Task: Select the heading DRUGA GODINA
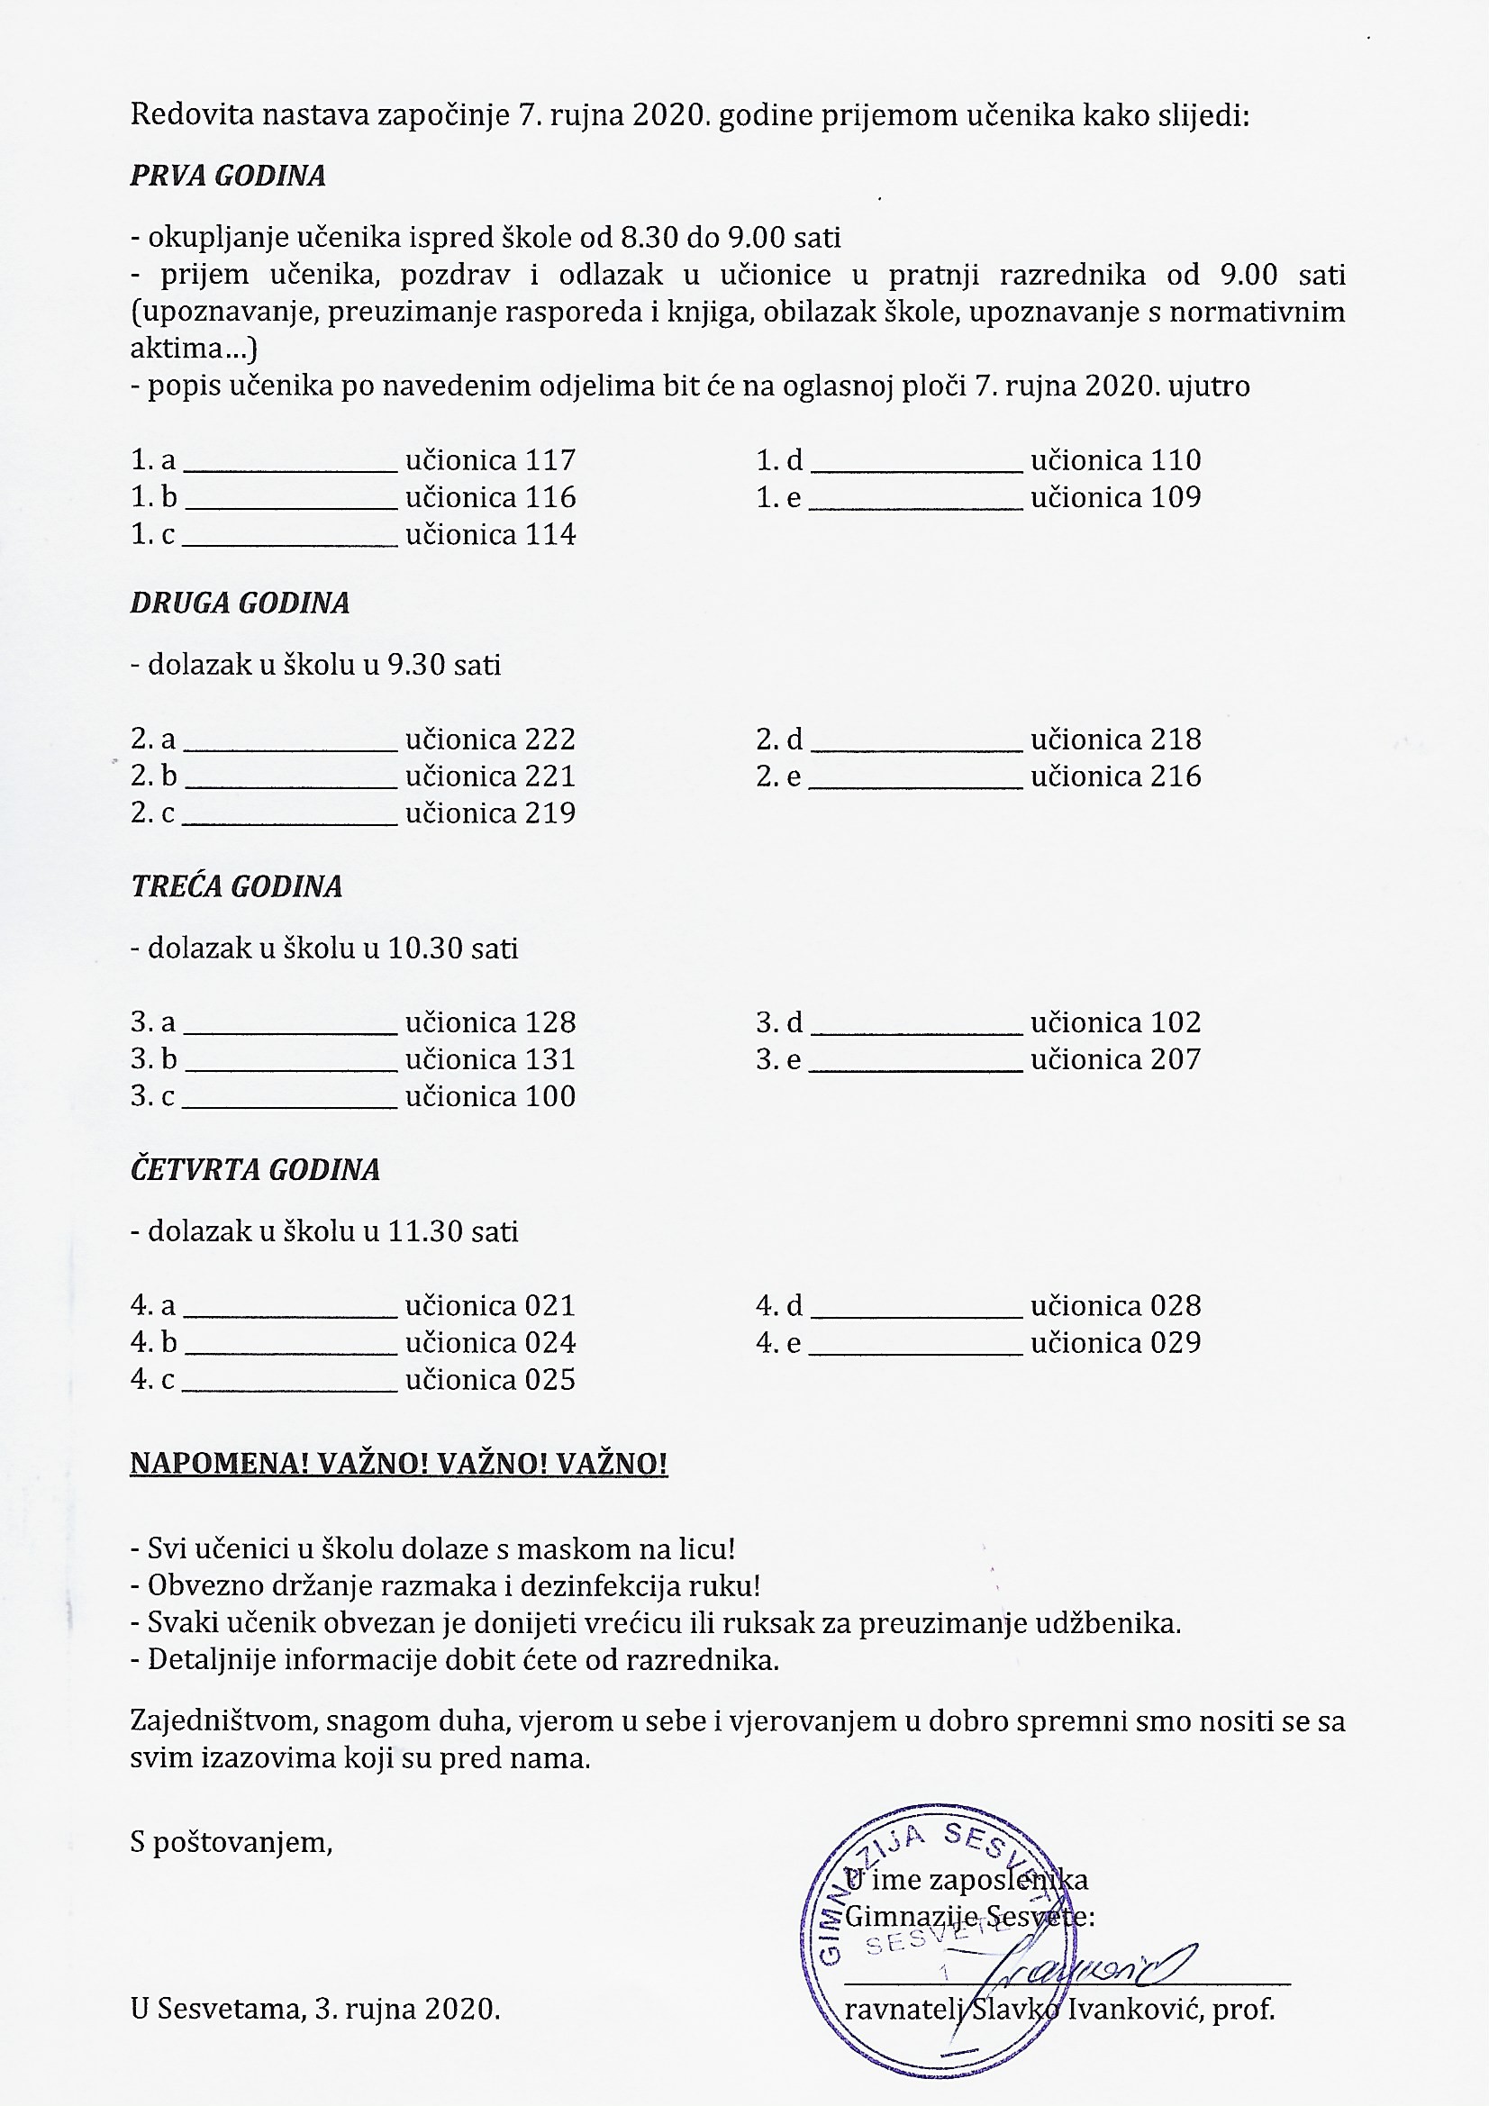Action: click(240, 603)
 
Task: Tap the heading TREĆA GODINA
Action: click(236, 886)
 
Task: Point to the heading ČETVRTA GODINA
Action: click(254, 1169)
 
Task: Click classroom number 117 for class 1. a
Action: click(550, 459)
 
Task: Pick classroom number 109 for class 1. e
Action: click(1176, 497)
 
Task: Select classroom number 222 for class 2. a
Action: click(550, 740)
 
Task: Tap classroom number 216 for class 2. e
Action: click(1176, 776)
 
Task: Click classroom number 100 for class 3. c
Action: click(550, 1097)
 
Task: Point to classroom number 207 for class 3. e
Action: click(1176, 1059)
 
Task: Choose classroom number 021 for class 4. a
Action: click(550, 1306)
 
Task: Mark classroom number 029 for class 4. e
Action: click(1176, 1343)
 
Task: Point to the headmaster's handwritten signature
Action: click(1092, 1969)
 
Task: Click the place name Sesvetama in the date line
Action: click(230, 2009)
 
